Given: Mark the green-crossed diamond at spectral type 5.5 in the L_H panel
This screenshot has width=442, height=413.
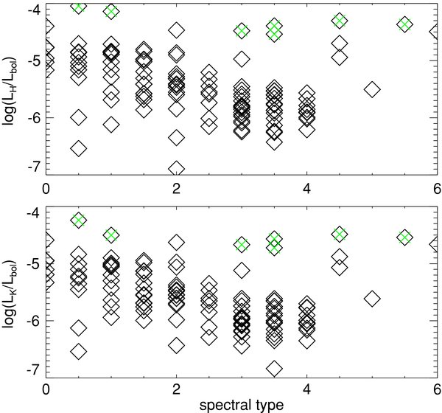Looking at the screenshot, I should click(404, 24).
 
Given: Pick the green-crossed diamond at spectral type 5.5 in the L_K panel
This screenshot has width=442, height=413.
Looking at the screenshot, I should click(404, 237).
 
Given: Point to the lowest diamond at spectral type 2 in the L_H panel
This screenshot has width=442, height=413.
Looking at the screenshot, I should click(176, 169).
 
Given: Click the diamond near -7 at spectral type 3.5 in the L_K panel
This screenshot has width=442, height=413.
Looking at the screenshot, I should click(274, 368).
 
